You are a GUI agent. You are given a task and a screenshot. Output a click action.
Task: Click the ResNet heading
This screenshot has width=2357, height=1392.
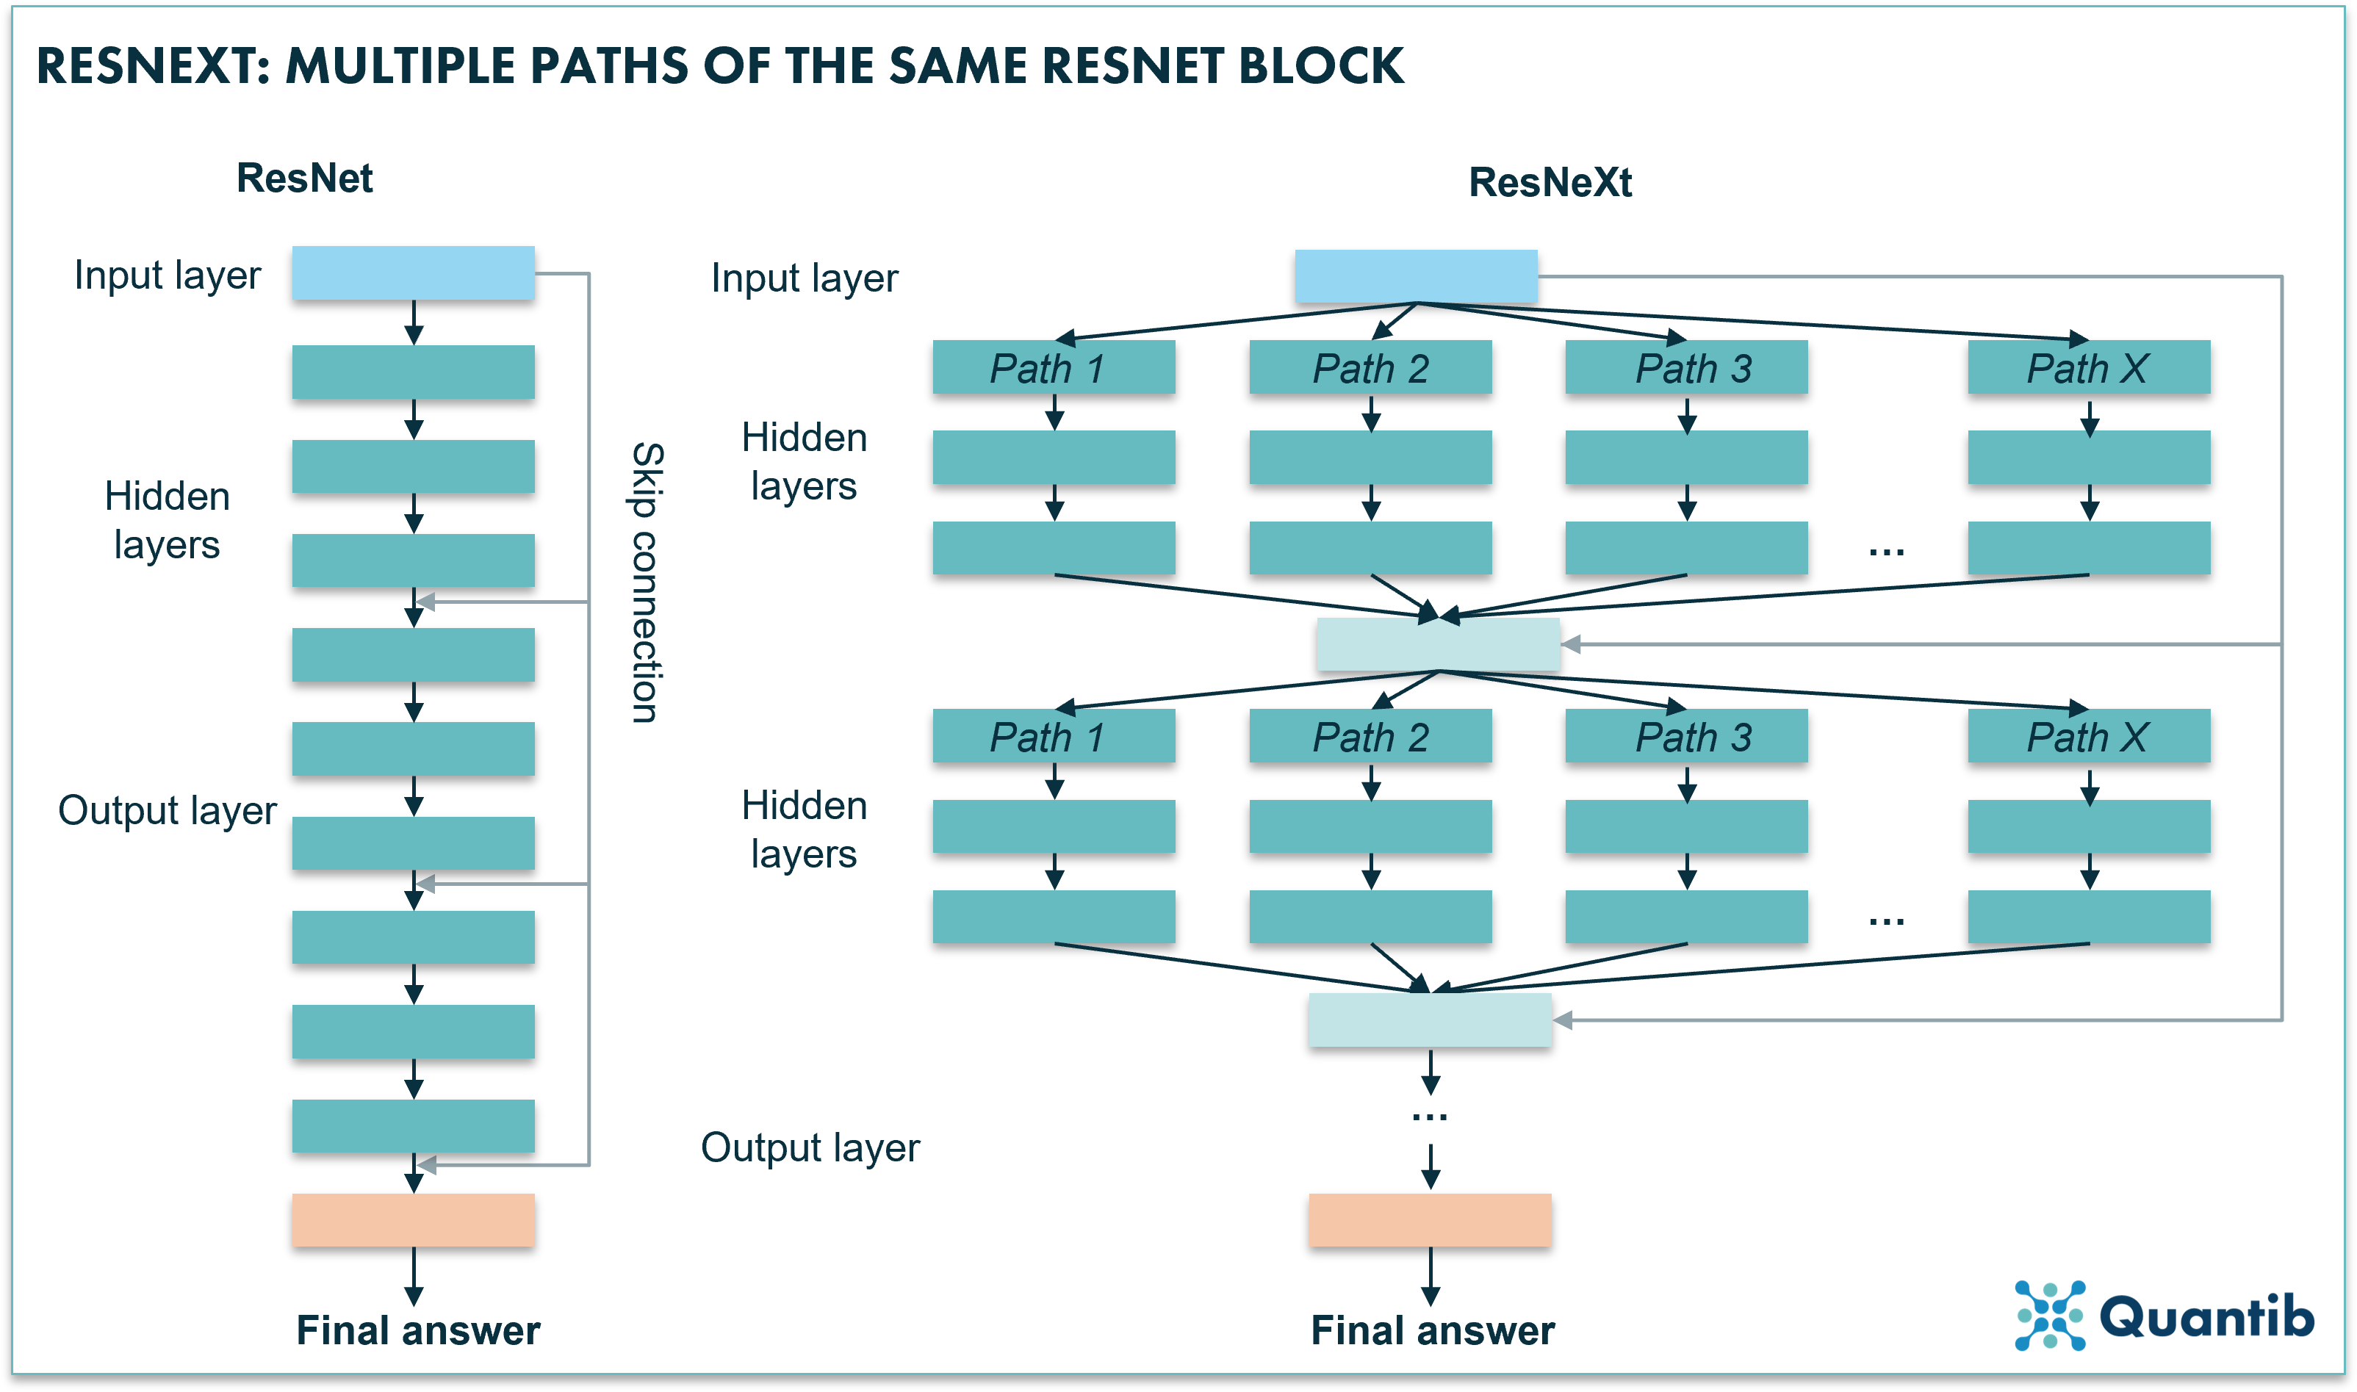pyautogui.click(x=304, y=178)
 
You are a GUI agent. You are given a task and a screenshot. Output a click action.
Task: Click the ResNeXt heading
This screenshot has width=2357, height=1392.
pyautogui.click(x=1550, y=182)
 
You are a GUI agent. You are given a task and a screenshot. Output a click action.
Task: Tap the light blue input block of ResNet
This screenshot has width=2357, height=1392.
pyautogui.click(x=413, y=273)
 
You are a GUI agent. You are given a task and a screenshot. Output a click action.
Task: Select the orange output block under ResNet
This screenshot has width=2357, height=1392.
pyautogui.click(x=413, y=1219)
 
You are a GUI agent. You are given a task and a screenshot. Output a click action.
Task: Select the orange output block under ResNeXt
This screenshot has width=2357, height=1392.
pyautogui.click(x=1429, y=1219)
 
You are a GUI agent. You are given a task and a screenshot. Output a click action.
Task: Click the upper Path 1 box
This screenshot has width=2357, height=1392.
pyautogui.click(x=1054, y=368)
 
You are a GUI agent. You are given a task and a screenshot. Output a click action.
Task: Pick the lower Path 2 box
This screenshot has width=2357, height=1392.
pyautogui.click(x=1370, y=736)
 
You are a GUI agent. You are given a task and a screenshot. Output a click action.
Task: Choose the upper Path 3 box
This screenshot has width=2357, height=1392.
pyautogui.click(x=1685, y=368)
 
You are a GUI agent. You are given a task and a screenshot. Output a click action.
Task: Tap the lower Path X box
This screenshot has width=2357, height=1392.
pyautogui.click(x=2088, y=736)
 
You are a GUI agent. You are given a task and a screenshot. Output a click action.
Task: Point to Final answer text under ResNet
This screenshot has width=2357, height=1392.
pyautogui.click(x=418, y=1330)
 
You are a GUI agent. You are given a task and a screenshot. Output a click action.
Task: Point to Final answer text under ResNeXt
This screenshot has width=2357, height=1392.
pyautogui.click(x=1432, y=1330)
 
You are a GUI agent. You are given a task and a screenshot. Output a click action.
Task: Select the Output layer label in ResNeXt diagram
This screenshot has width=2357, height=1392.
pyautogui.click(x=810, y=1147)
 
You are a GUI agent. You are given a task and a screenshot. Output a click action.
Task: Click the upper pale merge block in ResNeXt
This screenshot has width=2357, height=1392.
pyautogui.click(x=1437, y=644)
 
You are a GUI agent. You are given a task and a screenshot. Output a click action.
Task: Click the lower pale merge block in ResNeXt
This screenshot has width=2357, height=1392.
pyautogui.click(x=1429, y=1020)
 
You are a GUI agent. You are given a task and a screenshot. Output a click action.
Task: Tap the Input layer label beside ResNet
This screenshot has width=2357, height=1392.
pyautogui.click(x=167, y=275)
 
